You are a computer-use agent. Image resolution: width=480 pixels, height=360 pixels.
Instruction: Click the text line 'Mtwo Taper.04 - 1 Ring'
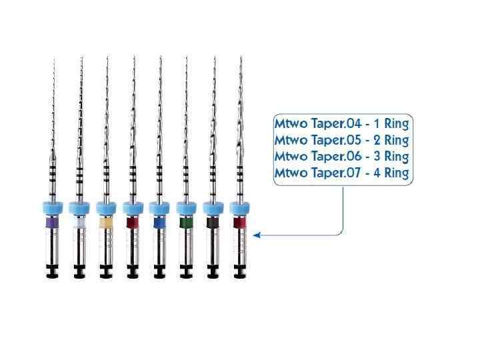pos(342,123)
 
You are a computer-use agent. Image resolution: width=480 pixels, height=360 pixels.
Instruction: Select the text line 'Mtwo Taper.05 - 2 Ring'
pos(342,140)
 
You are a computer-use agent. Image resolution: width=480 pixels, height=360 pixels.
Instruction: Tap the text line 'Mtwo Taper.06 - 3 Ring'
pos(342,157)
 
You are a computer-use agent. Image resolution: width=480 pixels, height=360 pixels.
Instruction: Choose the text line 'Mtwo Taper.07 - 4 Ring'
pos(342,173)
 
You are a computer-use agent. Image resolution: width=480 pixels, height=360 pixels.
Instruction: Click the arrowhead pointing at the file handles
pos(257,234)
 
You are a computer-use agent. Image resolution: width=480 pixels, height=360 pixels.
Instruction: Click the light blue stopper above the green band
pos(187,206)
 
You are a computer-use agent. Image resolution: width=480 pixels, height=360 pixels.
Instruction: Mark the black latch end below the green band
pos(187,272)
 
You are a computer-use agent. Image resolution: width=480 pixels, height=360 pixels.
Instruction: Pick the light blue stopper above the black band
pos(213,206)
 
